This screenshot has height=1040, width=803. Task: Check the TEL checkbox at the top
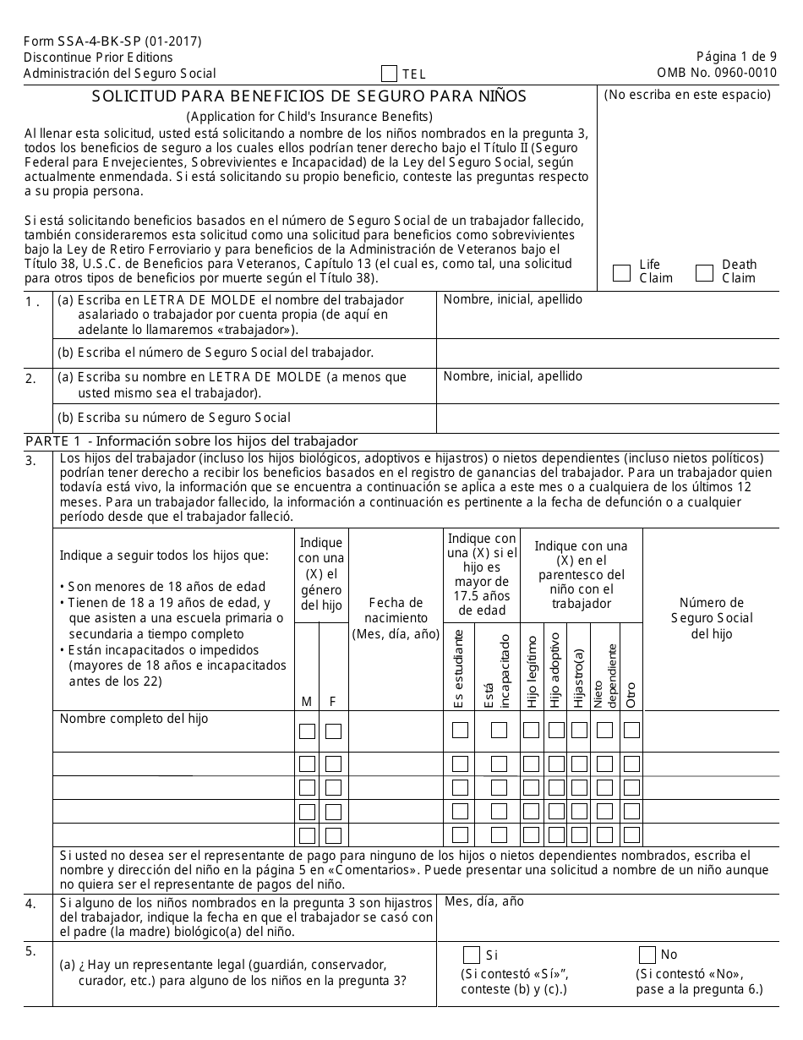point(390,74)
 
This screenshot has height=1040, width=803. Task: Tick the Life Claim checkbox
point(621,272)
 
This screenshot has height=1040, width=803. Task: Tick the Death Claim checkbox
point(704,272)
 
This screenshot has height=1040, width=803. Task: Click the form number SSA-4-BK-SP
point(112,41)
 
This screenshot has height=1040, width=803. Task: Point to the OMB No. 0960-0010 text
point(717,73)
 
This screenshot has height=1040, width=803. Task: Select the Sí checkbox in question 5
point(472,955)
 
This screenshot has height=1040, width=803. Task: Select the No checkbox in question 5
point(647,955)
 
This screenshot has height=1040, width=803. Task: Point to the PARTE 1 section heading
point(192,441)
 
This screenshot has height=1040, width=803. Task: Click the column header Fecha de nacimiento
point(396,618)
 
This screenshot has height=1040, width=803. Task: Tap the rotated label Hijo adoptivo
point(555,670)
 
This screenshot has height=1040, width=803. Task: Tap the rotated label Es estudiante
point(459,668)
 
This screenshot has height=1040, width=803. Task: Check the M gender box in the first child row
point(308,731)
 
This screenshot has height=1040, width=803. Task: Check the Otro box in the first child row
point(631,731)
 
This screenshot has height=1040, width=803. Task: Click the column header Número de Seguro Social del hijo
point(712,618)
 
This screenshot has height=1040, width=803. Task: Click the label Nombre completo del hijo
point(134,719)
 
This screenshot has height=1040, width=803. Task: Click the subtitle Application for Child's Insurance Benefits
point(309,116)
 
